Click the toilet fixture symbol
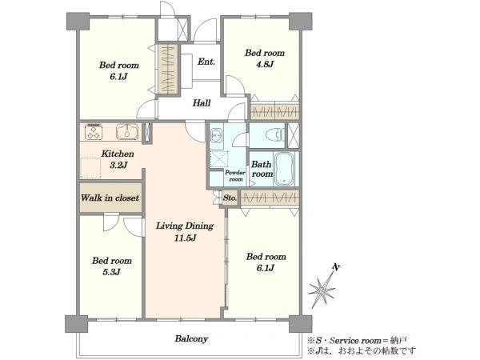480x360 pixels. coord(275,134)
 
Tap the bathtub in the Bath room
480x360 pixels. coord(284,170)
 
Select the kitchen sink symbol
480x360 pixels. coord(127,132)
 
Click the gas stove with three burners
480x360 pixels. coord(94,132)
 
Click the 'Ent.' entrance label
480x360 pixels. coord(206,62)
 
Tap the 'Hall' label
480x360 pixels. coord(202,103)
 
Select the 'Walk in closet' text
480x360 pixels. coord(110,198)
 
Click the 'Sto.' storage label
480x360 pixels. coord(230,198)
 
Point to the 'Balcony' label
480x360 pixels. coord(191,338)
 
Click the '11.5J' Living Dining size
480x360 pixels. coord(185,238)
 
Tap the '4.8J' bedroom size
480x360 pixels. coord(265,64)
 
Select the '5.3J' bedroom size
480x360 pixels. coord(111,272)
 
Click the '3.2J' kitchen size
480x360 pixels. coord(118,166)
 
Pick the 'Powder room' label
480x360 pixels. coord(235,176)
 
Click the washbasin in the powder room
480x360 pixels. coord(217,135)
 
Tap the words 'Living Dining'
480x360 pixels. coord(185,226)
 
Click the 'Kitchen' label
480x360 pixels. coord(118,154)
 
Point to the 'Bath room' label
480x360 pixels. coord(262,169)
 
